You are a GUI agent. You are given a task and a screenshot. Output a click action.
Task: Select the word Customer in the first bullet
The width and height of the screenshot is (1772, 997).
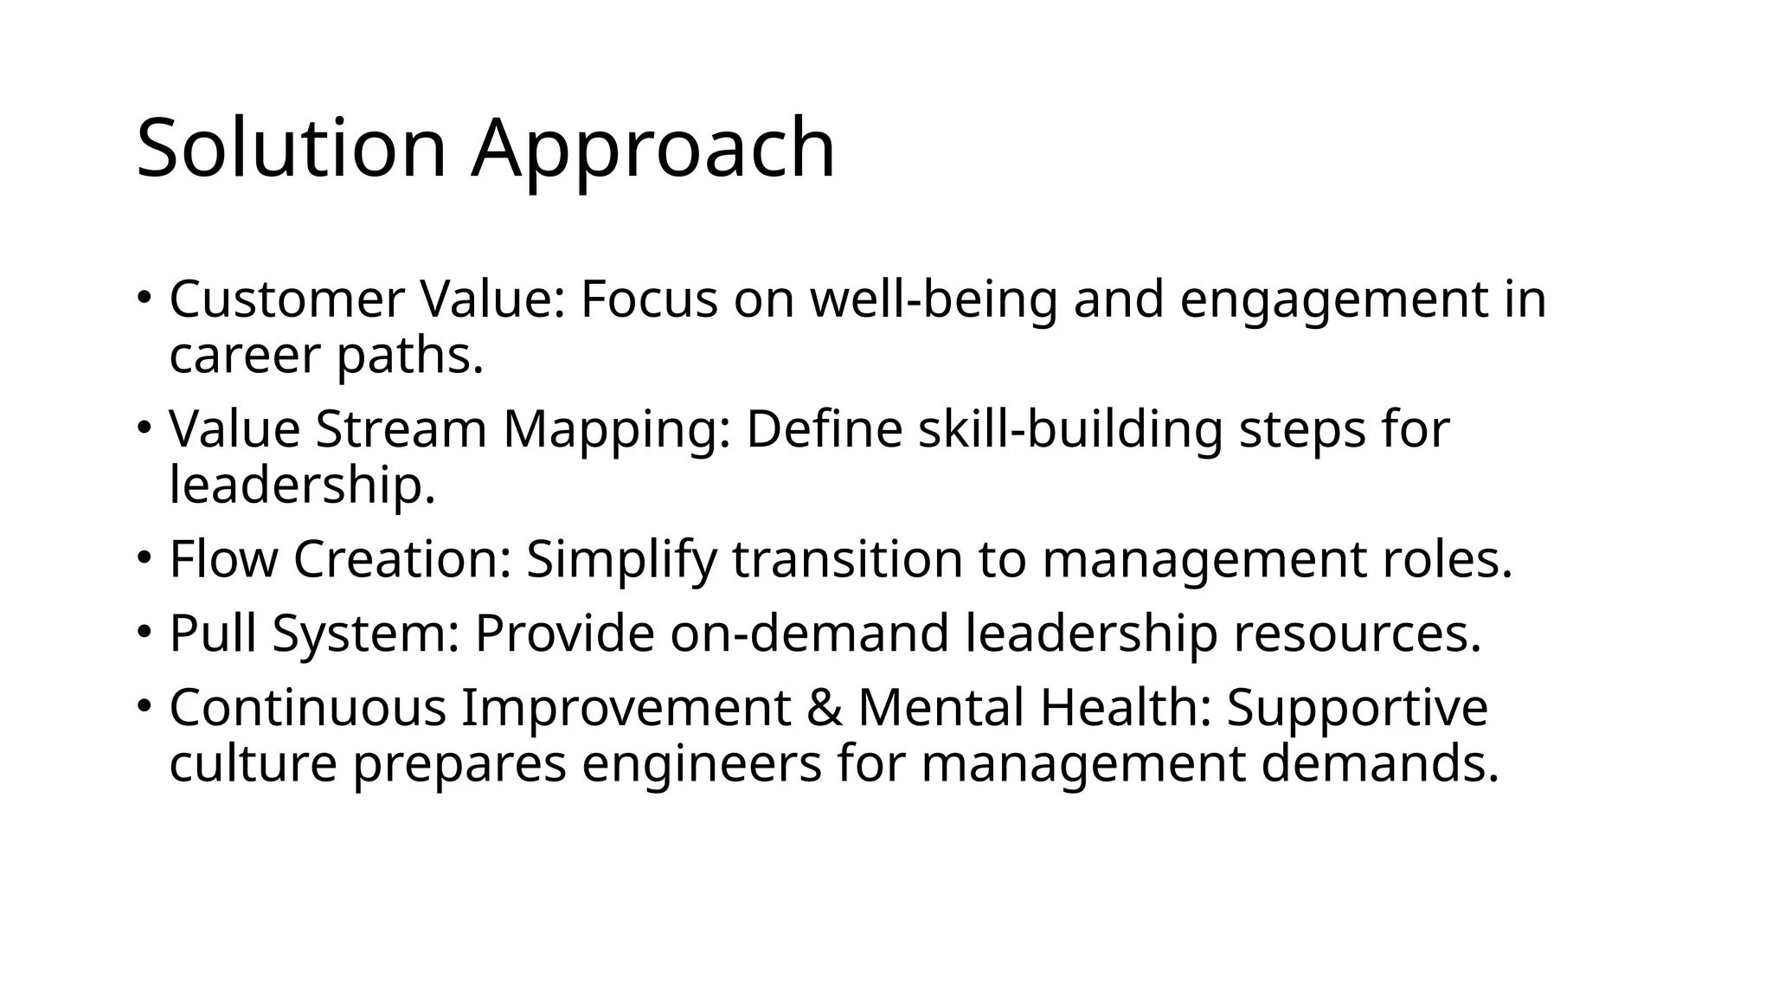(x=286, y=299)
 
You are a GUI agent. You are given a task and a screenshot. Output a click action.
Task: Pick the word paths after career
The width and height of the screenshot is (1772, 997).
(x=409, y=357)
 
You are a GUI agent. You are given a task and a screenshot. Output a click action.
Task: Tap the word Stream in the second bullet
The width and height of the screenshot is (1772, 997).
(x=401, y=429)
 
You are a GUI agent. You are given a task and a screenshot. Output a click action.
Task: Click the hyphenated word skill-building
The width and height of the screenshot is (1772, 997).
(x=1070, y=429)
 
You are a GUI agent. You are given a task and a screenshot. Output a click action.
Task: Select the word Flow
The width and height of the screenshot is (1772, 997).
(x=223, y=559)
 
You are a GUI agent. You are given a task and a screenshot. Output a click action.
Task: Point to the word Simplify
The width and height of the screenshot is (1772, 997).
(x=621, y=561)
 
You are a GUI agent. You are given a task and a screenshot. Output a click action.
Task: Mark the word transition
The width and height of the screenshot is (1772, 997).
(x=847, y=559)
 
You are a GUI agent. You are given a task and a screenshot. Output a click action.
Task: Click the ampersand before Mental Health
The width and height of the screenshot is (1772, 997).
(x=824, y=707)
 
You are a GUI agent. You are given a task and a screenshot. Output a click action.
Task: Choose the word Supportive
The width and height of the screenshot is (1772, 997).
(x=1357, y=709)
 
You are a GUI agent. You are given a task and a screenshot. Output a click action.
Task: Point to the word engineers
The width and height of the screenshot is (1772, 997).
(x=701, y=764)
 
